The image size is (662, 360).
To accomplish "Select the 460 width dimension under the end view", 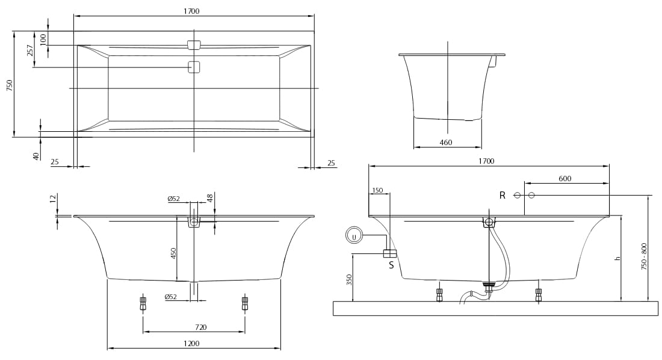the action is [x=446, y=143].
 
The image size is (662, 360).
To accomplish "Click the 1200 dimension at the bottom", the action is [x=191, y=344].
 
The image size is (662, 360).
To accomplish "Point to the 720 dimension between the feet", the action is [x=201, y=327].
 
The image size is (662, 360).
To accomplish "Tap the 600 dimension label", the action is [x=565, y=178].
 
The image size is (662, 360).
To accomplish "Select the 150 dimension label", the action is [x=377, y=190].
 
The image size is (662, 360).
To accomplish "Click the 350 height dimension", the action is [x=349, y=280].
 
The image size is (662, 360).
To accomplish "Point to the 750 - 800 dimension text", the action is [x=644, y=256].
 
